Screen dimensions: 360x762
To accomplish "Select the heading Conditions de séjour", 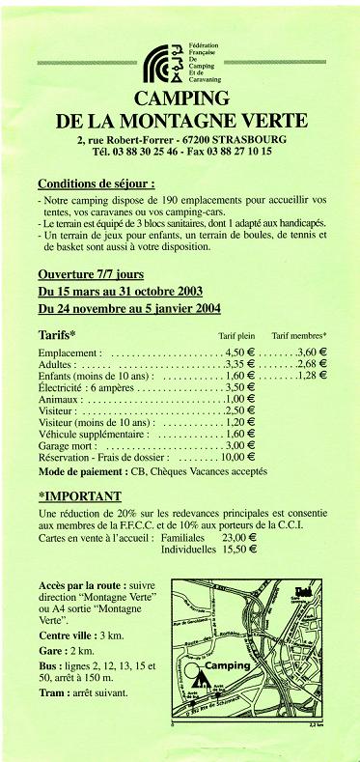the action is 109,183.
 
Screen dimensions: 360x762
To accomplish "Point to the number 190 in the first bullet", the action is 166,199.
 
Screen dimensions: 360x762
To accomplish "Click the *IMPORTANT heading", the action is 78,496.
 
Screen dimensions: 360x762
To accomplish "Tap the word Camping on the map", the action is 226,666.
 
